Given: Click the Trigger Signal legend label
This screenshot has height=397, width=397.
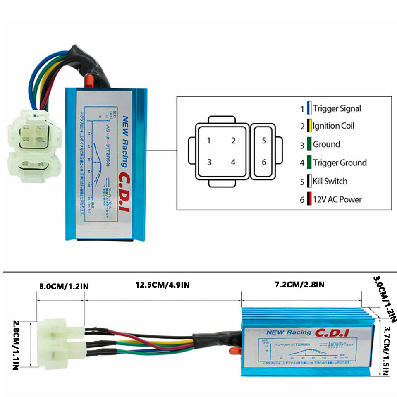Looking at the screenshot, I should point(337,109).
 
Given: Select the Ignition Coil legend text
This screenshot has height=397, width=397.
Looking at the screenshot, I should point(333,126).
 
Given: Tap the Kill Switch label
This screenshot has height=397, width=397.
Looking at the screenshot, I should point(330,181).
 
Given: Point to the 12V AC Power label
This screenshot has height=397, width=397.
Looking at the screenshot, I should point(337,199).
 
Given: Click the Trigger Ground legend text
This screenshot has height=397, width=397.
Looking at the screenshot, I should point(340,163).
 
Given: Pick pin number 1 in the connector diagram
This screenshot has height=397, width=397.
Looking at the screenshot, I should point(209,141).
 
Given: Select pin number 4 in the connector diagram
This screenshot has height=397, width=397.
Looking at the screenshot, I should point(233,162).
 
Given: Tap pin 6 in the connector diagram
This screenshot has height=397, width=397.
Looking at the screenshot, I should point(264,162).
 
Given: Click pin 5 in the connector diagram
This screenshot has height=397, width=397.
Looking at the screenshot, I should point(264,141).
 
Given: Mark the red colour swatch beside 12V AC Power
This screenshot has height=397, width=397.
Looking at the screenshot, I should point(309,199).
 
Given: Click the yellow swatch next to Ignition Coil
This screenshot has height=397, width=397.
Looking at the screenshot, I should point(309,126).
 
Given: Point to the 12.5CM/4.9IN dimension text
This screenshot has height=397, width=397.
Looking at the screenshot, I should point(163,285).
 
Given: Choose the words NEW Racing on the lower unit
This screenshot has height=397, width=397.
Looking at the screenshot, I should point(289,332).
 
